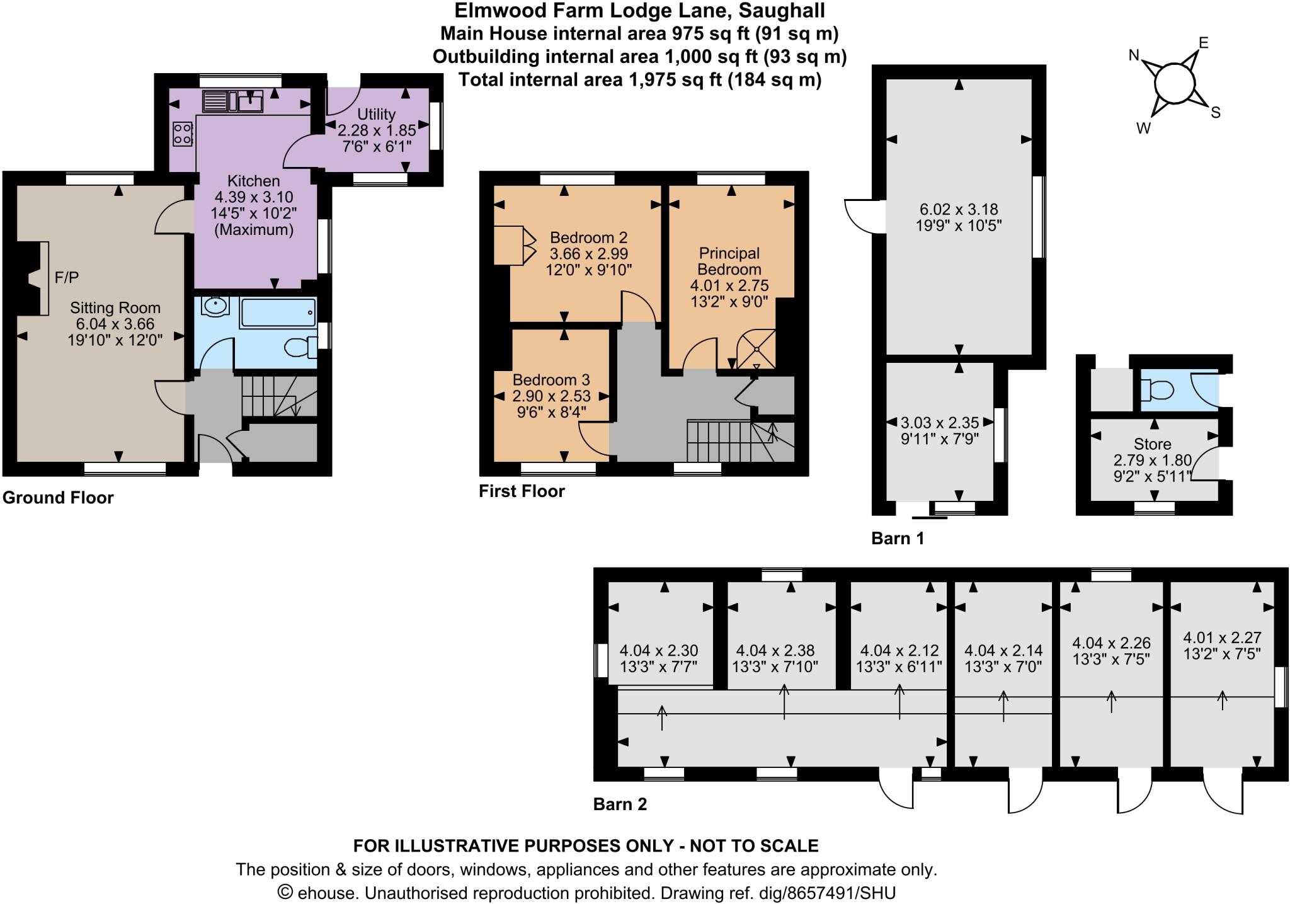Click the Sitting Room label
[x=115, y=308]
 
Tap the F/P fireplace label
[x=67, y=277]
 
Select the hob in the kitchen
[x=183, y=134]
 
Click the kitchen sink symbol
[x=250, y=101]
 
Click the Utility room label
[x=376, y=114]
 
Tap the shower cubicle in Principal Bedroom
[x=756, y=349]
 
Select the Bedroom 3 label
[x=551, y=380]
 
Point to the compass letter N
[x=1134, y=55]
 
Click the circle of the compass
[x=1174, y=83]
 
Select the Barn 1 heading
[x=897, y=538]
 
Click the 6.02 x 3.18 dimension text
[x=958, y=209]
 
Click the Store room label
[x=1152, y=443]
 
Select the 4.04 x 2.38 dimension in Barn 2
[x=775, y=650]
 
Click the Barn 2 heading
[x=620, y=804]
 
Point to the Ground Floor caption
[x=58, y=498]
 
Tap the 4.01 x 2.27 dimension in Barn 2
[x=1222, y=638]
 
